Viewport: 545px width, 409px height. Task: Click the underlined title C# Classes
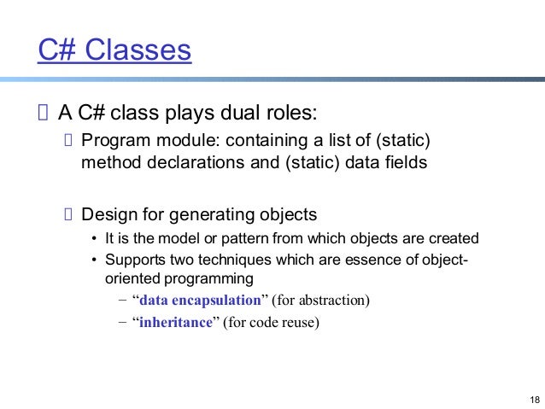point(114,51)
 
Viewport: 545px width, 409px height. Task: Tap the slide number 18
point(535,400)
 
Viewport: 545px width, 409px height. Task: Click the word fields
point(402,162)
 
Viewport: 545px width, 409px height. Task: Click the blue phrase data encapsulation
point(200,301)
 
